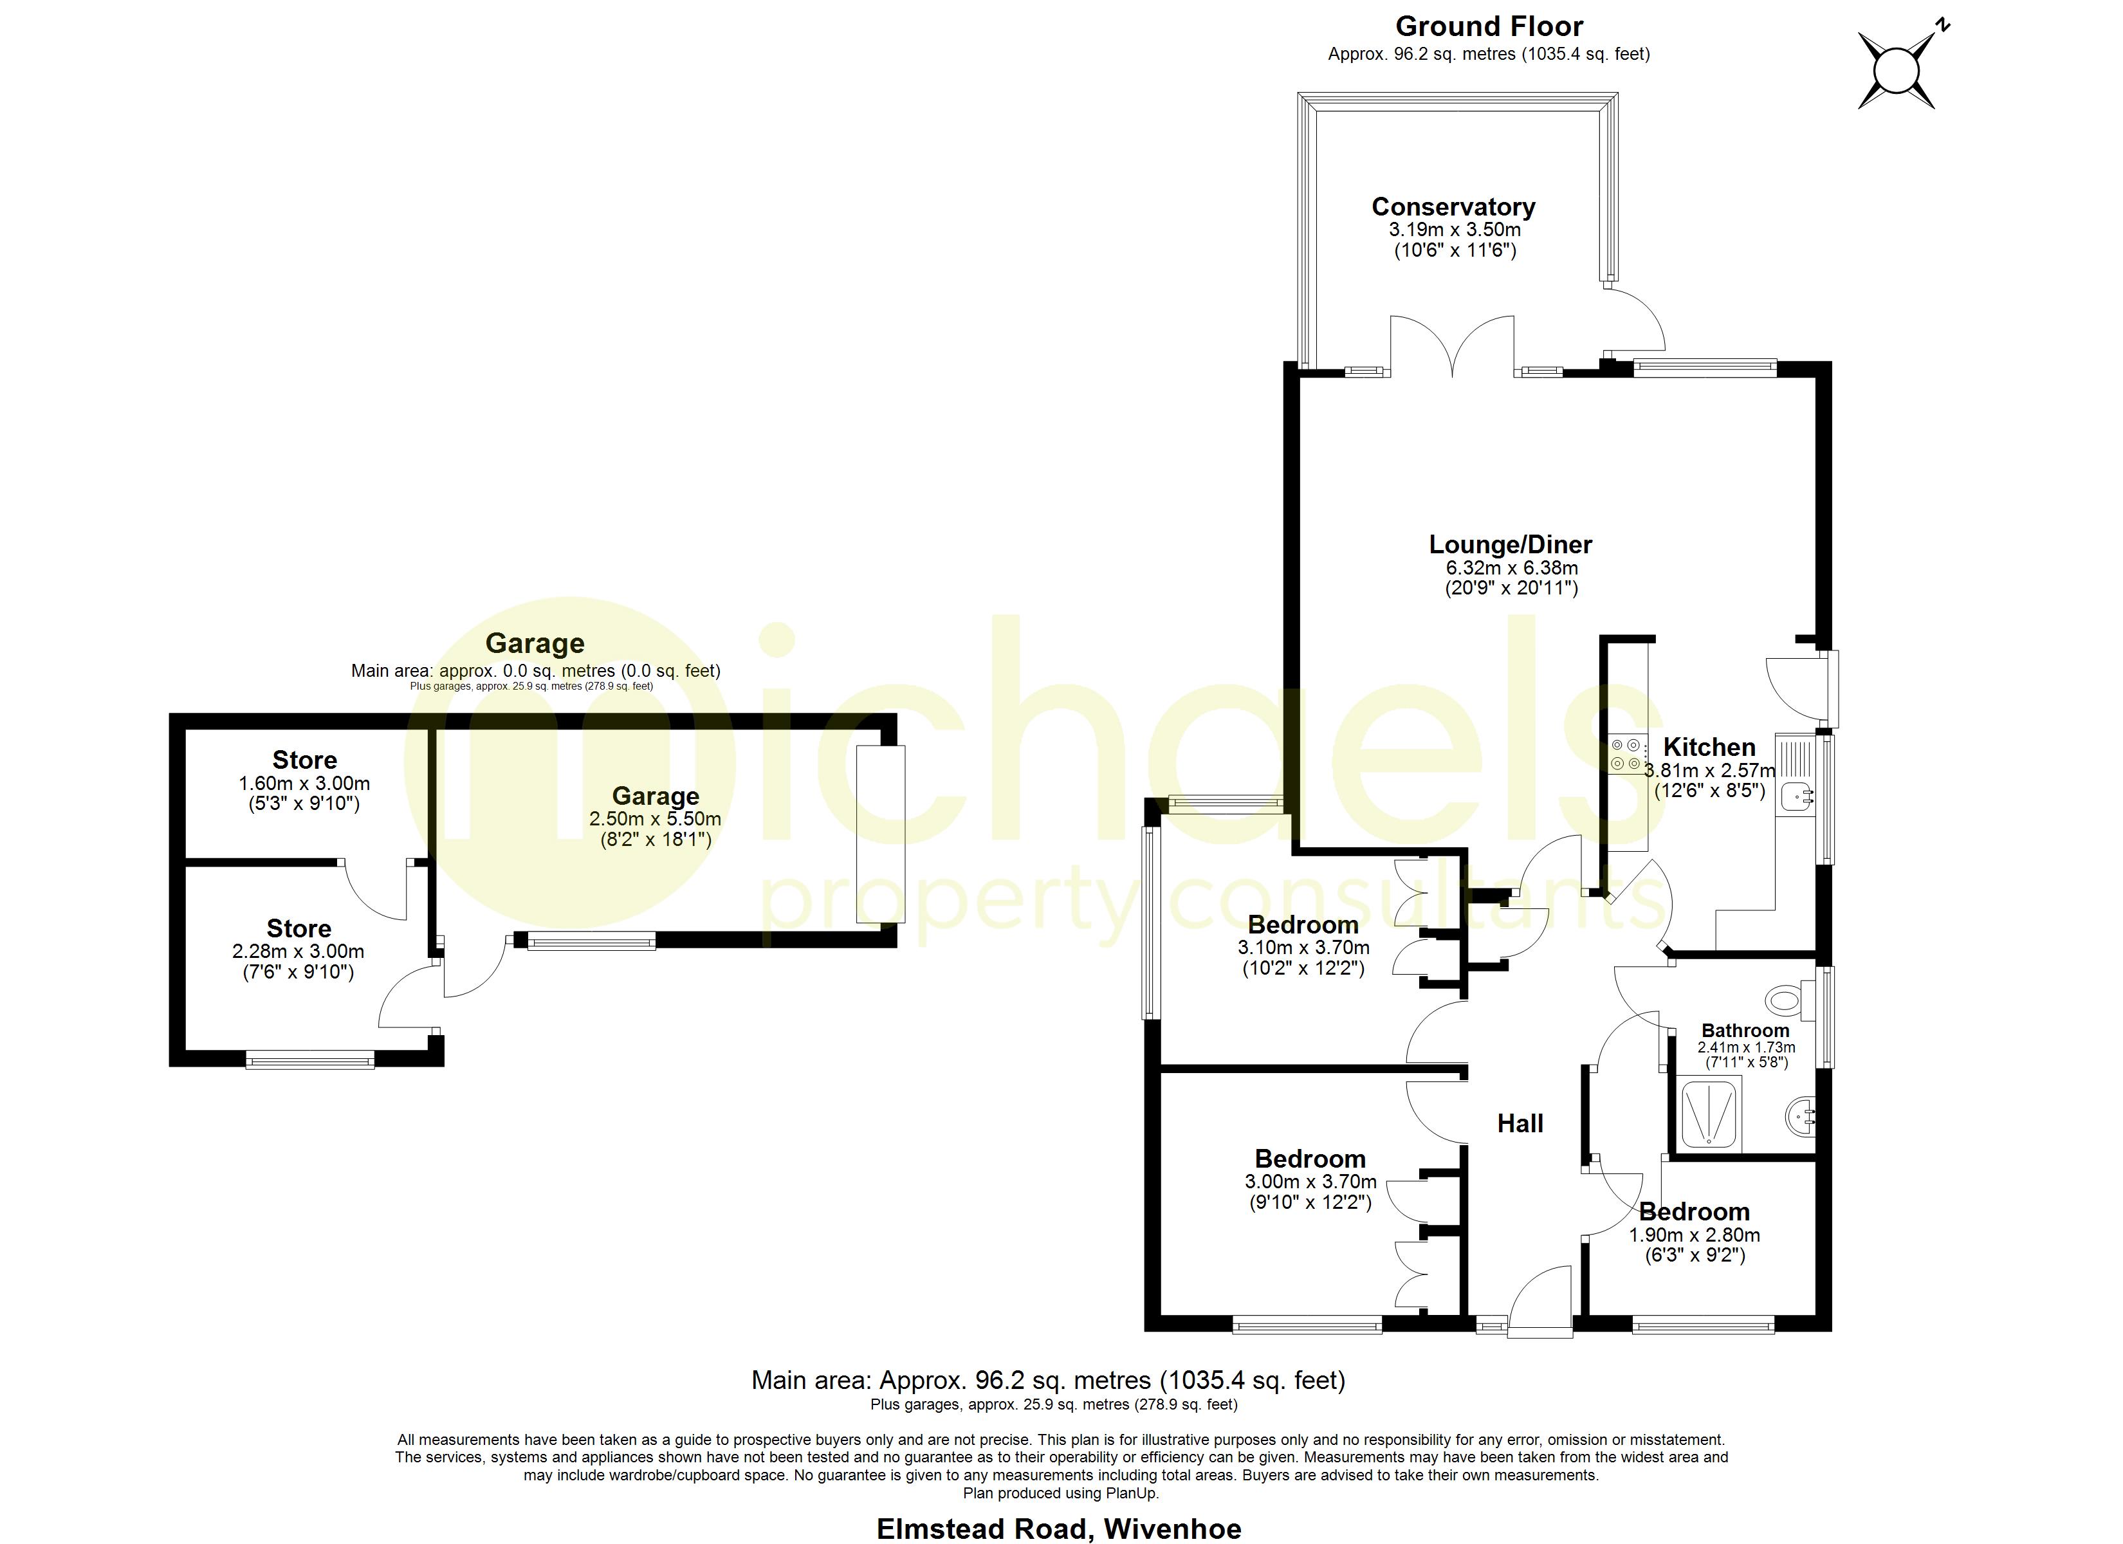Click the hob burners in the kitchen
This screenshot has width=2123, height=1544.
click(x=1625, y=755)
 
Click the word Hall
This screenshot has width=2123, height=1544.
click(x=1520, y=1124)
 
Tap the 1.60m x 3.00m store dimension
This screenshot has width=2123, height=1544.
click(x=304, y=783)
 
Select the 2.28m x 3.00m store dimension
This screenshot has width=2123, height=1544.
click(x=299, y=951)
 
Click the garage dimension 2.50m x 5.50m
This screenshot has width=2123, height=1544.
click(x=656, y=818)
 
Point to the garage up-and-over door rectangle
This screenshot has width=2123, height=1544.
click(x=881, y=833)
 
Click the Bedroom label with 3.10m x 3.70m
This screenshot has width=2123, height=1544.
click(x=1302, y=925)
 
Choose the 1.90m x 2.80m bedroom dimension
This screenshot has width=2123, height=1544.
click(x=1695, y=1235)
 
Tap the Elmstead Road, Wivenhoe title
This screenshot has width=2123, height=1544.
click(x=1059, y=1528)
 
